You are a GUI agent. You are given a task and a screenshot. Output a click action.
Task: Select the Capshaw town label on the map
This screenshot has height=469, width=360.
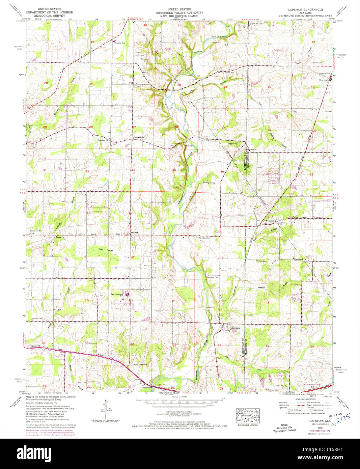pyautogui.click(x=235, y=328)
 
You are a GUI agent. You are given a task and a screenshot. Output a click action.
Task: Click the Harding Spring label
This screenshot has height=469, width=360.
pyautogui.click(x=208, y=183)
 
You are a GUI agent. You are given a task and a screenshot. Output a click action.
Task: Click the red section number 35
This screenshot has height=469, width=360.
pyautogui.click(x=174, y=170)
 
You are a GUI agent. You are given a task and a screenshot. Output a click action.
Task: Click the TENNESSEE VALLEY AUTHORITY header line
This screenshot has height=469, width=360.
pyautogui.click(x=182, y=13)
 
